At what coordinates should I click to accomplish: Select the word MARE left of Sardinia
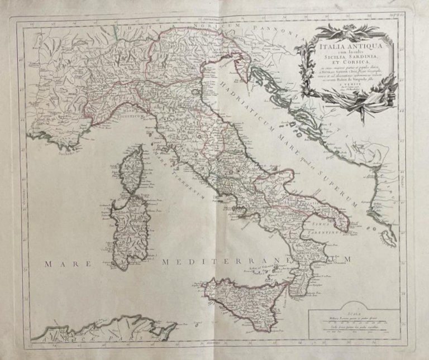click(x=63, y=260)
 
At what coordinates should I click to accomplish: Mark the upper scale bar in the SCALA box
click(x=355, y=321)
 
